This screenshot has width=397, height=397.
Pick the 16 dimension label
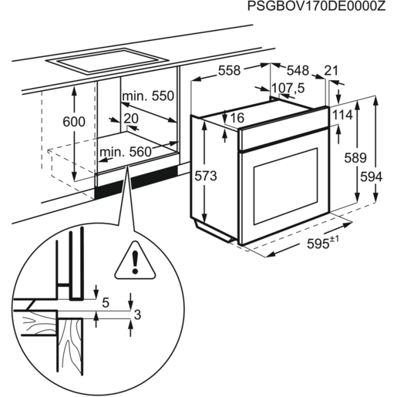tap(237, 118)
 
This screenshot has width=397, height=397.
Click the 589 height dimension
tap(354, 158)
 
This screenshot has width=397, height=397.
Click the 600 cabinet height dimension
tap(74, 123)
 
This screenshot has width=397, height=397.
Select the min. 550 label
tap(149, 96)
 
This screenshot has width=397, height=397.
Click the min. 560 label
tap(125, 153)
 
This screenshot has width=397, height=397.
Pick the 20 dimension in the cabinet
tap(130, 117)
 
